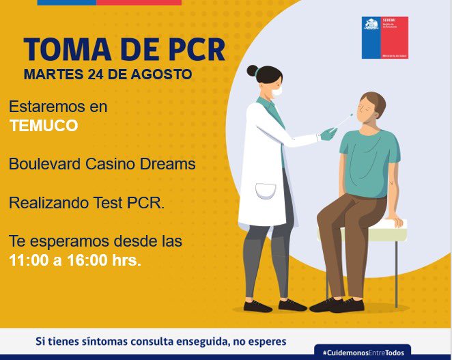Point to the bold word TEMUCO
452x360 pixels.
pos(44,126)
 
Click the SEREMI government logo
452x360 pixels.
pos(385,38)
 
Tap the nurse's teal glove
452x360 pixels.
pos(328,134)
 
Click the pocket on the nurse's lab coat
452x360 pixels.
pos(266,191)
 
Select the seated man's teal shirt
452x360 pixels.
pos(369,161)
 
